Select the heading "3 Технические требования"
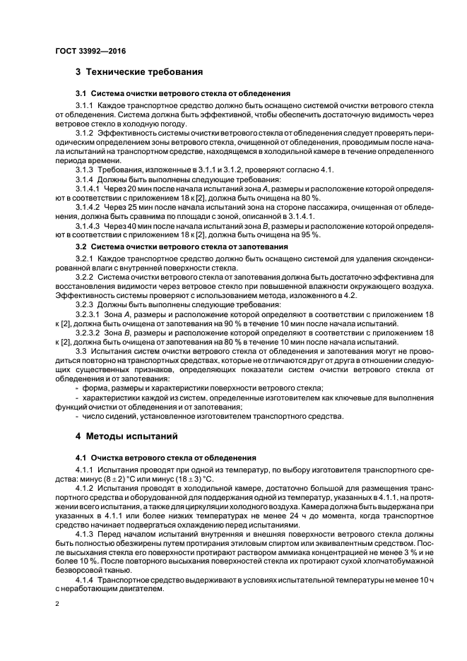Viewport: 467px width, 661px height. pyautogui.click(x=139, y=72)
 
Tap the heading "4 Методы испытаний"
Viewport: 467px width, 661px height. pyautogui.click(x=128, y=436)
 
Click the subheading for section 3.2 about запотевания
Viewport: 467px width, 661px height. pyautogui.click(x=181, y=246)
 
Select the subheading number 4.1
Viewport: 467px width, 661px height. pyautogui.click(x=81, y=458)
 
